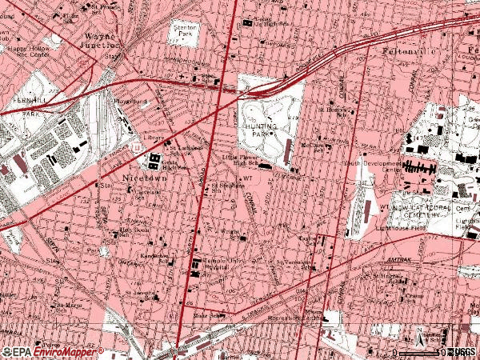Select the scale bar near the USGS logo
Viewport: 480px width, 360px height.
pos(420,352)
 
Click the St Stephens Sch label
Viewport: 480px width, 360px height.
pos(227,187)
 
